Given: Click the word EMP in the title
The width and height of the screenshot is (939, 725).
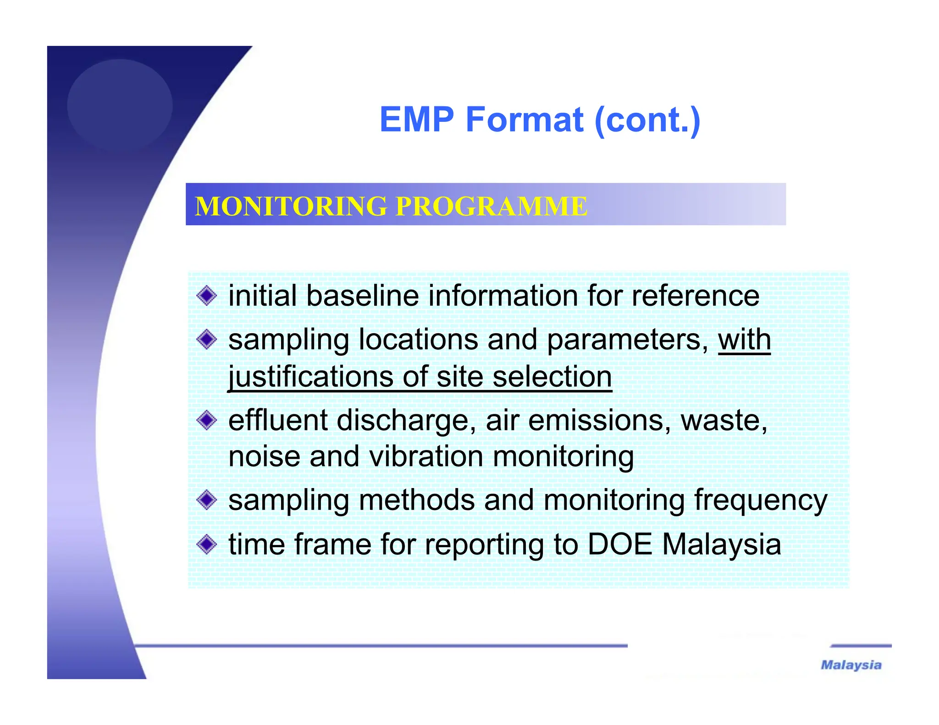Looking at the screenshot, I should pyautogui.click(x=417, y=120).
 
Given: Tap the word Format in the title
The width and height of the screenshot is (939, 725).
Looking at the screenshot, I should pyautogui.click(x=525, y=120).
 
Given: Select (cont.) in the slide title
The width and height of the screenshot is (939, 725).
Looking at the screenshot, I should pyautogui.click(x=647, y=121).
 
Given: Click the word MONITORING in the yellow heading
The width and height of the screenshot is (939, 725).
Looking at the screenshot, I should pyautogui.click(x=291, y=206).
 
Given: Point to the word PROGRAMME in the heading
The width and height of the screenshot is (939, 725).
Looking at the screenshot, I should pyautogui.click(x=491, y=206).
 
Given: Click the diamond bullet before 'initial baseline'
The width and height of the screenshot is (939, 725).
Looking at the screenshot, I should pyautogui.click(x=207, y=296).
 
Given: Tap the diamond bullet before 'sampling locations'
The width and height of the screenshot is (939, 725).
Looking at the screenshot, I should pyautogui.click(x=207, y=340).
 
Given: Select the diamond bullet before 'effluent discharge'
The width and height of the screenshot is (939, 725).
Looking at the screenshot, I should pyautogui.click(x=207, y=420).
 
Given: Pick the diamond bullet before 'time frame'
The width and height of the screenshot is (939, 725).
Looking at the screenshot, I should pyautogui.click(x=207, y=544).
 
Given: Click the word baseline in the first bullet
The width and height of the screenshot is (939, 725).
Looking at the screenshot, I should pyautogui.click(x=362, y=296).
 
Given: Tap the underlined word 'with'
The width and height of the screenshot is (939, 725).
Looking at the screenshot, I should pyautogui.click(x=744, y=340).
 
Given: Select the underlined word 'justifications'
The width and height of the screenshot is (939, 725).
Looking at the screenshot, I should pyautogui.click(x=310, y=377).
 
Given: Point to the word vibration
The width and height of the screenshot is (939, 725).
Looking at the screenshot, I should pyautogui.click(x=426, y=457).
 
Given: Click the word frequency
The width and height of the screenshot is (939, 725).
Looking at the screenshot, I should pyautogui.click(x=761, y=500).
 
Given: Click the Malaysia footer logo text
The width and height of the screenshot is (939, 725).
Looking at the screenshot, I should pyautogui.click(x=851, y=665).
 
